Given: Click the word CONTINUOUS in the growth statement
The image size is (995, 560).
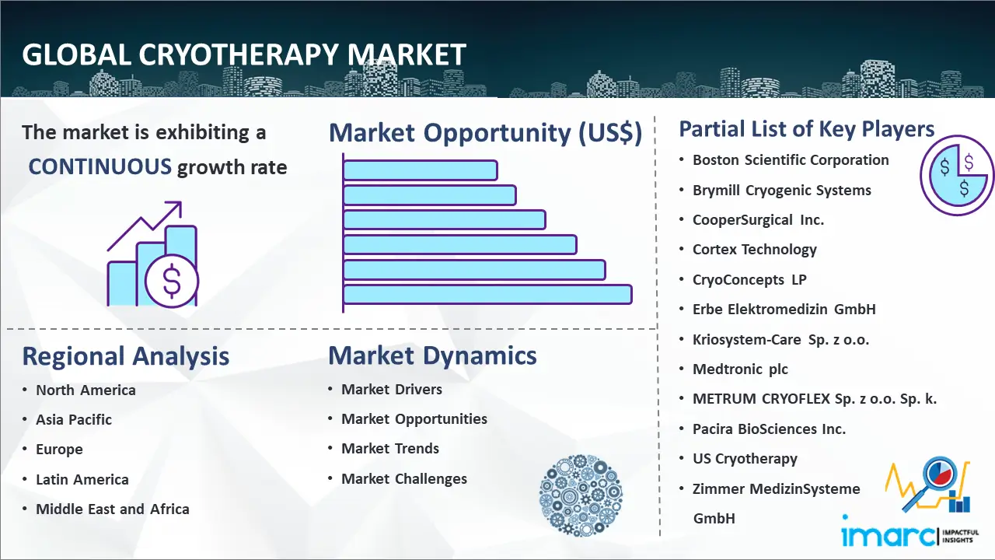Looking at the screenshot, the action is [100, 167].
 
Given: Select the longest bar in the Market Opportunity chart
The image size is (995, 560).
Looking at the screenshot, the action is [487, 295].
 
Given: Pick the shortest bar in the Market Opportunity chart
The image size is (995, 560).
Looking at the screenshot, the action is [420, 170].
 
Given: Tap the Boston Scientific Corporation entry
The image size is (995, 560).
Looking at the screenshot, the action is [791, 160].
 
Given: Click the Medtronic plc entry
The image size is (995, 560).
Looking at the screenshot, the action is [740, 369].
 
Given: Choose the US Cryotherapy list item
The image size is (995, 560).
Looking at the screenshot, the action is [745, 459].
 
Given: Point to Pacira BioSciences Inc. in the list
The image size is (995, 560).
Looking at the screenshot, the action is [769, 429].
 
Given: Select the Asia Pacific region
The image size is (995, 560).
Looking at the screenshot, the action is [74, 419].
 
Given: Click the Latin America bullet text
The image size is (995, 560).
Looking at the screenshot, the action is [82, 480].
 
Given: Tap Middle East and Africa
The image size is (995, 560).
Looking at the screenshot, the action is [113, 509].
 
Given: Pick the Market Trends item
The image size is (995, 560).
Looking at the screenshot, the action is [390, 449].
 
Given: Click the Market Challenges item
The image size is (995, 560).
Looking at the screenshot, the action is [404, 478].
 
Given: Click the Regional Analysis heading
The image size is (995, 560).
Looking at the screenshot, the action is [126, 356].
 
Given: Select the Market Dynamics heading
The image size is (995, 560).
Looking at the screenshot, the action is [432, 355].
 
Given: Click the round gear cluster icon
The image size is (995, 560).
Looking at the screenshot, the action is [581, 495].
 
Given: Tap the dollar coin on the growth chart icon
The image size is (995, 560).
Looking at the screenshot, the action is [172, 282].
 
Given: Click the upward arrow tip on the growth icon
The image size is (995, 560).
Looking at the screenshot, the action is [181, 202].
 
